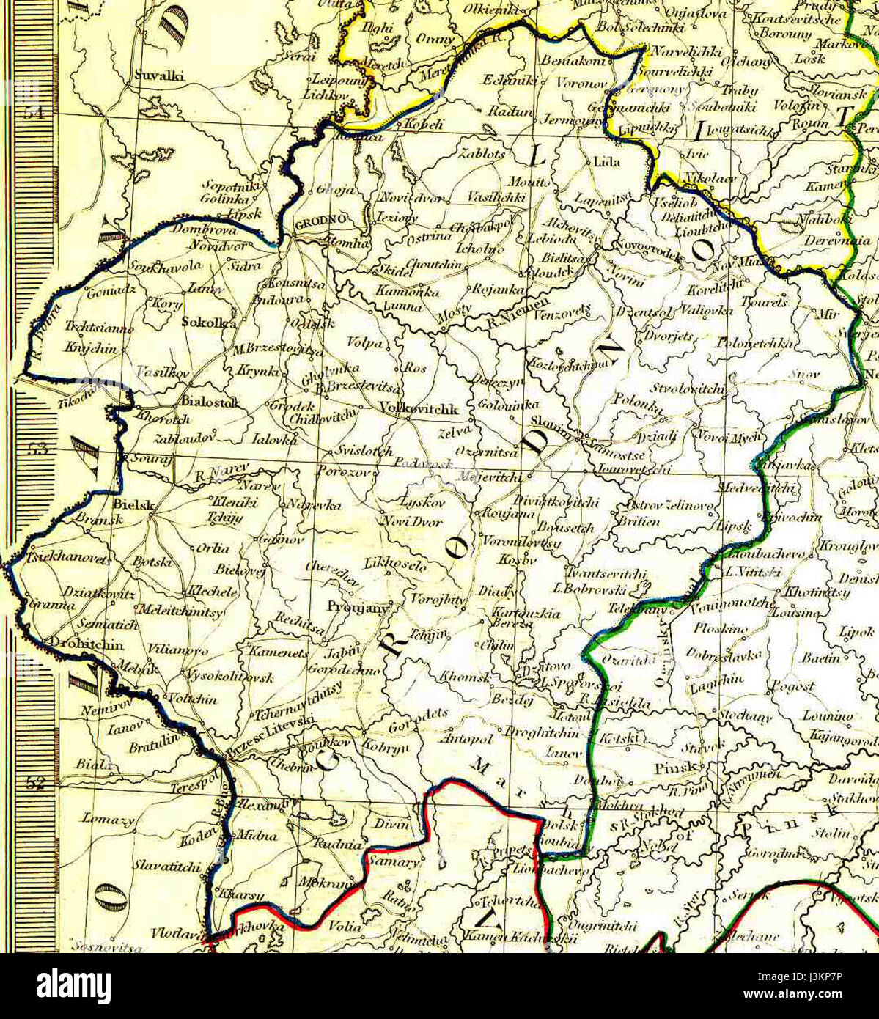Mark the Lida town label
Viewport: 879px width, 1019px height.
(x=606, y=162)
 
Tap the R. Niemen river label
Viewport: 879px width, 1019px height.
(x=517, y=312)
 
